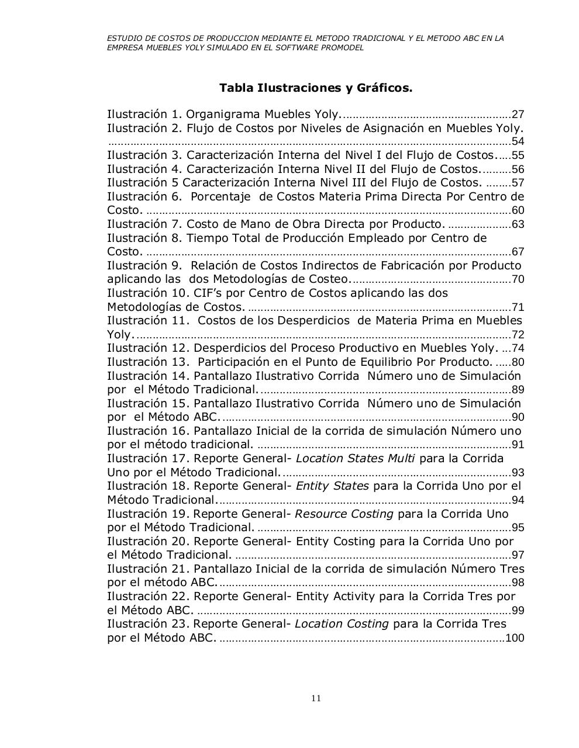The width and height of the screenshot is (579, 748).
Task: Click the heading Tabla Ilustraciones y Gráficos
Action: pos(316,88)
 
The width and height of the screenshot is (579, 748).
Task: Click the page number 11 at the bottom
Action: pos(316,698)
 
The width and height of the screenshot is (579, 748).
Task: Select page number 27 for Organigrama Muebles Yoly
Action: pos(518,115)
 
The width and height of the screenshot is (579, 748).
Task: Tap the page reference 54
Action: pos(518,141)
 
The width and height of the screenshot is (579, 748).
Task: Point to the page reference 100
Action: pos(515,638)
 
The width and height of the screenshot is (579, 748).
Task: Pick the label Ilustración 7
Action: pos(144,224)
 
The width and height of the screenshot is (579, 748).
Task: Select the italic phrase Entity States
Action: pos(332,486)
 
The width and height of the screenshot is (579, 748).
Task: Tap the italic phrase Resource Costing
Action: pos(344,514)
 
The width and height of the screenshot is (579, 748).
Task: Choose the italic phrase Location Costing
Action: pos(342,624)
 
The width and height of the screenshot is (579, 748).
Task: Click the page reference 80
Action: pos(518,362)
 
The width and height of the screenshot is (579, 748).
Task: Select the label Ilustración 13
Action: pos(148,362)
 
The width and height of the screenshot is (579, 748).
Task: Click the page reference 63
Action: pos(518,224)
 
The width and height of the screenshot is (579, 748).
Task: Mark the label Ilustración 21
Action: pos(148,569)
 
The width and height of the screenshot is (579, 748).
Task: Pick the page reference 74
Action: pos(518,348)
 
